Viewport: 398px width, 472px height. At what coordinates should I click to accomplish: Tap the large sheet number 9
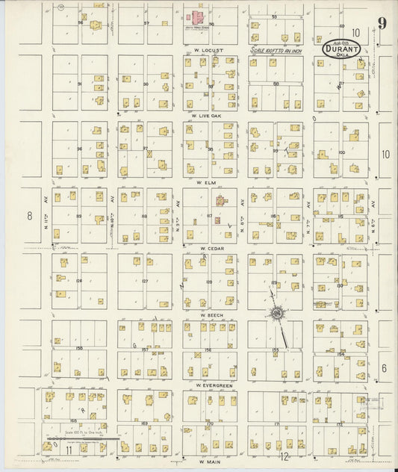381,22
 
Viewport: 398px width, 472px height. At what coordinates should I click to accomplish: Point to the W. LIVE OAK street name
209,117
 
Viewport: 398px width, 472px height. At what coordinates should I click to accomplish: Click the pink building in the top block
201,16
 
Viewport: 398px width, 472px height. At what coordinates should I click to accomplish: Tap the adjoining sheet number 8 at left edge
31,216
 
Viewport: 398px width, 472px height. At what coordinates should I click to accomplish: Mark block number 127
144,282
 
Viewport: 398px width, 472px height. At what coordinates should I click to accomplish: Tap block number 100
341,152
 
